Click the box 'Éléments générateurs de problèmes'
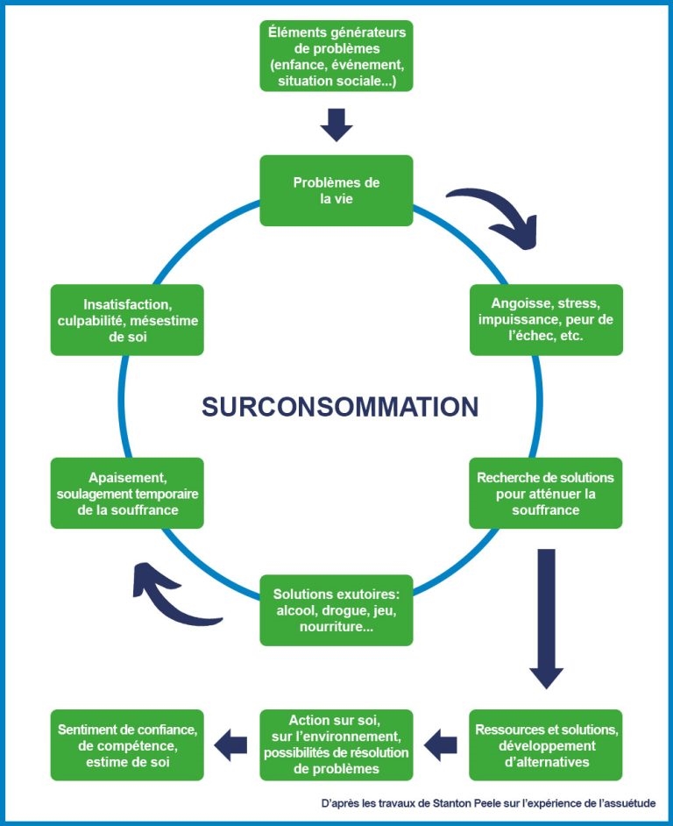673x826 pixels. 336,55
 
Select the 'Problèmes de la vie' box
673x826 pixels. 336,190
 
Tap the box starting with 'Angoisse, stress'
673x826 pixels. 545,319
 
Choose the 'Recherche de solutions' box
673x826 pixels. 545,493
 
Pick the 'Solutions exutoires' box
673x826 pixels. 336,610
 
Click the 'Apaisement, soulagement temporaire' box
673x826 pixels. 127,493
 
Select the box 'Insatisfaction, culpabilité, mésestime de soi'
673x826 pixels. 127,319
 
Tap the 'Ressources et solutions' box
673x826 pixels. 545,744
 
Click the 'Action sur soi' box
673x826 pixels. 336,744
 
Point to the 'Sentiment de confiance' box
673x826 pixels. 127,744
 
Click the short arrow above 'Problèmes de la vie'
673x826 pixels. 336,125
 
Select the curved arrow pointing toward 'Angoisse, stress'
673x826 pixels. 496,210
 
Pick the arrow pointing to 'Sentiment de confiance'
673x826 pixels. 231,745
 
